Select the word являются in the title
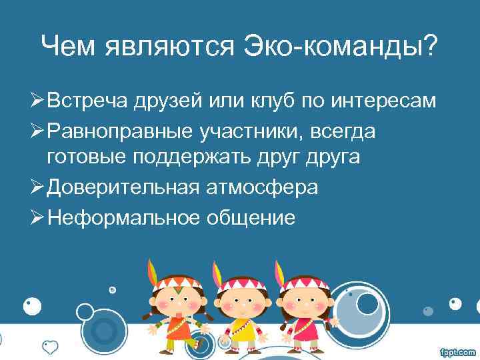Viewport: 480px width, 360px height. [167, 47]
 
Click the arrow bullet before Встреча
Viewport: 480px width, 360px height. [38, 102]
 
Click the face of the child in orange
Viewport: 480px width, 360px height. [175, 302]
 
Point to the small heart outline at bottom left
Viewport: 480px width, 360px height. [50, 346]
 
